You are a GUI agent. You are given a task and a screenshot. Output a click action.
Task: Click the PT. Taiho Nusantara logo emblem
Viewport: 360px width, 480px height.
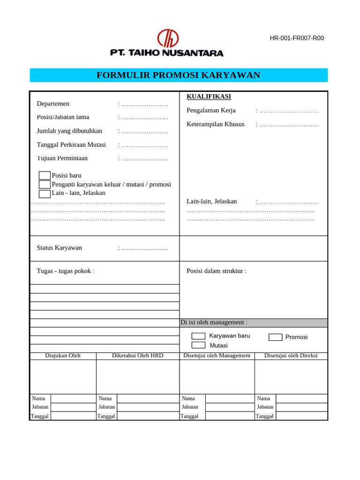(x=168, y=38)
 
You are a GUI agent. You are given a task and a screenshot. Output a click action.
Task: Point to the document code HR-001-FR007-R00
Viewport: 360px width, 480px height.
(x=297, y=38)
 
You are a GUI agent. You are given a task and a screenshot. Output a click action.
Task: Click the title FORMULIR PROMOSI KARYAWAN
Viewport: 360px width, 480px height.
(x=178, y=75)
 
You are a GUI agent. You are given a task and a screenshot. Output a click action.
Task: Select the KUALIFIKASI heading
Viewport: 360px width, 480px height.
(x=209, y=97)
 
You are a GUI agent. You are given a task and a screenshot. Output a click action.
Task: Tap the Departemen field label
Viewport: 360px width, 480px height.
(x=53, y=104)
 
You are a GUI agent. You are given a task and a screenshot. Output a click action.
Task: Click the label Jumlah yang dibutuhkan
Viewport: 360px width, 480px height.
(x=69, y=131)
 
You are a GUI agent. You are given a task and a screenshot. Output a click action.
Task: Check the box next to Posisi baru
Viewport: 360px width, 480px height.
(x=45, y=175)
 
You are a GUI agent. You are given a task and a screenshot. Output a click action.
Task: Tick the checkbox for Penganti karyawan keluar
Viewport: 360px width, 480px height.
(x=45, y=184)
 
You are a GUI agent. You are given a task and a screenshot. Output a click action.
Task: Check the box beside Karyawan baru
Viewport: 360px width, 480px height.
(x=198, y=336)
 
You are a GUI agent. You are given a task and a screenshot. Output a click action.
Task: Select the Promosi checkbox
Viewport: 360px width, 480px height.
(x=275, y=337)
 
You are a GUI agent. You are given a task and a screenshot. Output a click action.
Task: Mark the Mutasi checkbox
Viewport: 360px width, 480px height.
(x=198, y=345)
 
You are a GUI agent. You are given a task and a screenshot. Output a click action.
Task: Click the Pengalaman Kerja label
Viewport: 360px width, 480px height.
(x=211, y=111)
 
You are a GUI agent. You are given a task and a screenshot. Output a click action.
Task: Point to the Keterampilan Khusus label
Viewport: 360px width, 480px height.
(x=215, y=124)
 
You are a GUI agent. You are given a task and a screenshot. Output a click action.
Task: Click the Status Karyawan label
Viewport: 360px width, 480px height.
(x=59, y=247)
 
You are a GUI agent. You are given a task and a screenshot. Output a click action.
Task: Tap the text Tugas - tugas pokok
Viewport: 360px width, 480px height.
(x=65, y=270)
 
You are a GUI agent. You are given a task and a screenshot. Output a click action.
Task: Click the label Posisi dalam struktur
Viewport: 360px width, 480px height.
(x=216, y=270)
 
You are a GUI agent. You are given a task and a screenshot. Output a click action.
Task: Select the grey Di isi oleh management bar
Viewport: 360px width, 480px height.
(x=254, y=322)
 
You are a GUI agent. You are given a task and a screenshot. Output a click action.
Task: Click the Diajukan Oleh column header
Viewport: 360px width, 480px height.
(x=63, y=356)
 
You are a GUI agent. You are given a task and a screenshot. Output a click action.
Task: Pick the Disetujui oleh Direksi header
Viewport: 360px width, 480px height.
(x=291, y=356)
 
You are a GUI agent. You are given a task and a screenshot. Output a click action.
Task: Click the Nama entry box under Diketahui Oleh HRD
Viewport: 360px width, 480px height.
(x=148, y=398)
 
